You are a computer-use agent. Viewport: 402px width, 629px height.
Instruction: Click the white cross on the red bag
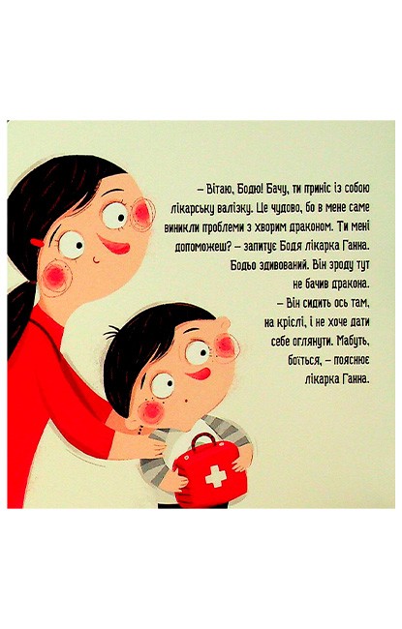click(x=216, y=476)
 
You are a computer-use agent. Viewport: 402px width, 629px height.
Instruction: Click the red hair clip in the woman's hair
click(x=37, y=243)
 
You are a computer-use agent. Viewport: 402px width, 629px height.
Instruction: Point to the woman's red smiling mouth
click(x=114, y=245)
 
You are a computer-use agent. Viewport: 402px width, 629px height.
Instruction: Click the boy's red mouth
click(x=199, y=374)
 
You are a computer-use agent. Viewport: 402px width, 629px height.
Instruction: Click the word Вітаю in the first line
click(x=218, y=189)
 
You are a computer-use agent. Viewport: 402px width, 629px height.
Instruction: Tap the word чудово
click(x=284, y=209)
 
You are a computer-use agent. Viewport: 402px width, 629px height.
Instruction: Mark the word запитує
click(x=261, y=247)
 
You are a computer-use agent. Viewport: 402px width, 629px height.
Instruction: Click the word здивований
click(x=278, y=265)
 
